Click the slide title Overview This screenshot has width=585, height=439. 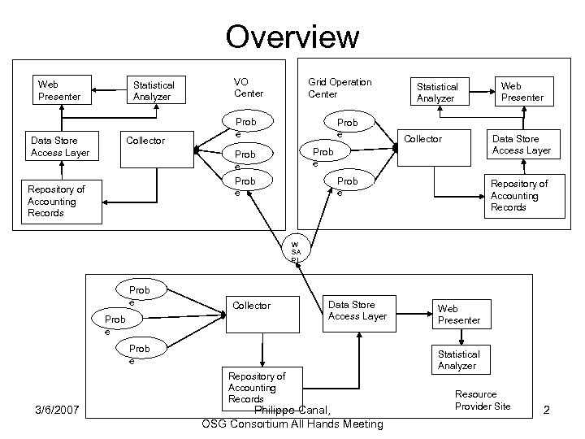pyautogui.click(x=292, y=36)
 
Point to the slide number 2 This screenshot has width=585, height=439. pyautogui.click(x=547, y=411)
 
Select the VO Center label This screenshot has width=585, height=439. pyautogui.click(x=248, y=88)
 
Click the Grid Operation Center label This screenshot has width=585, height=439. pyautogui.click(x=339, y=88)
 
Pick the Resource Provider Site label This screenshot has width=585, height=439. pyautogui.click(x=483, y=400)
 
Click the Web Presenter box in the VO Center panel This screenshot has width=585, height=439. pyautogui.click(x=60, y=90)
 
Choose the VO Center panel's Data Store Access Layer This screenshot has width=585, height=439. pyautogui.click(x=60, y=146)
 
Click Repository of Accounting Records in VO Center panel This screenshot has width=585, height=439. pyautogui.click(x=61, y=202)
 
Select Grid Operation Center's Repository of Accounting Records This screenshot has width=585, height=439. pyautogui.click(x=519, y=196)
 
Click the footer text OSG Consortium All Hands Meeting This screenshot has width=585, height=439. pyautogui.click(x=292, y=424)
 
